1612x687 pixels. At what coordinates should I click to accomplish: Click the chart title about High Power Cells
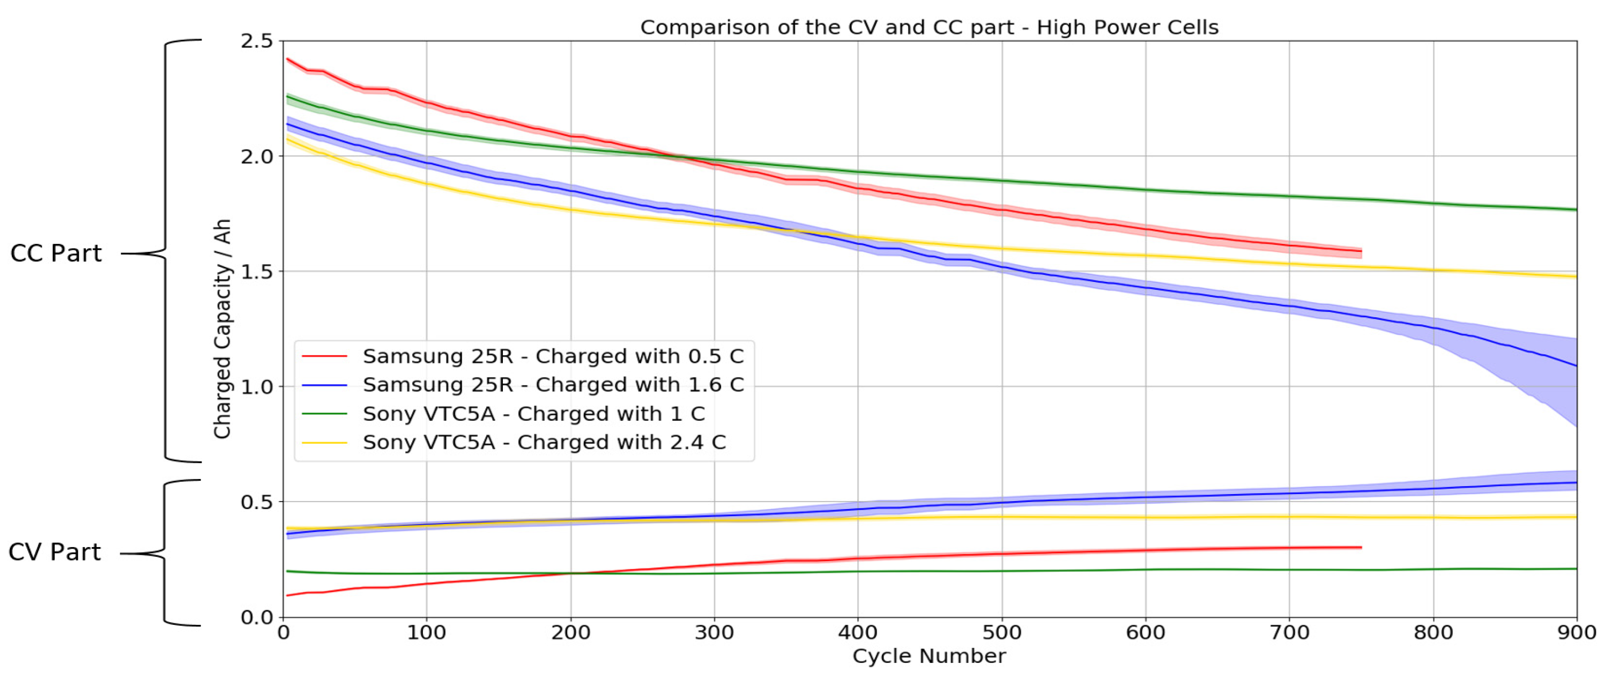(929, 27)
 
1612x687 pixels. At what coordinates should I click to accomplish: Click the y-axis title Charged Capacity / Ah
(222, 328)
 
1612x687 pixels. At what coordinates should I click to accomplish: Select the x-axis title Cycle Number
(929, 656)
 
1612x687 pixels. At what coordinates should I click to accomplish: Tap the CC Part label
(56, 253)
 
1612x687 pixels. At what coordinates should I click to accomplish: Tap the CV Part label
(55, 552)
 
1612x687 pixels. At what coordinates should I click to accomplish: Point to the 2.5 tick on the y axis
(257, 41)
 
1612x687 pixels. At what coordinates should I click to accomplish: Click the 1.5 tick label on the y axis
(257, 272)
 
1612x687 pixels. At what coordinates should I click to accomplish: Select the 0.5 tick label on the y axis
(257, 502)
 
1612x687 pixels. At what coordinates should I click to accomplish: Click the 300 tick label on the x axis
(714, 632)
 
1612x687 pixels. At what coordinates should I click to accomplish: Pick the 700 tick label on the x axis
(1289, 632)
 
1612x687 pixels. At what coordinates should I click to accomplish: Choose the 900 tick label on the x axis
(1576, 632)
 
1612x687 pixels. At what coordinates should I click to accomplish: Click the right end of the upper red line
(1361, 251)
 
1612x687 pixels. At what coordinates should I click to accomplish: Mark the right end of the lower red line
(1361, 548)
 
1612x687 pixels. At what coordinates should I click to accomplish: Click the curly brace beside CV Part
(165, 553)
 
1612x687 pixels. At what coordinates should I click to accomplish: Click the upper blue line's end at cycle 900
(1575, 365)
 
